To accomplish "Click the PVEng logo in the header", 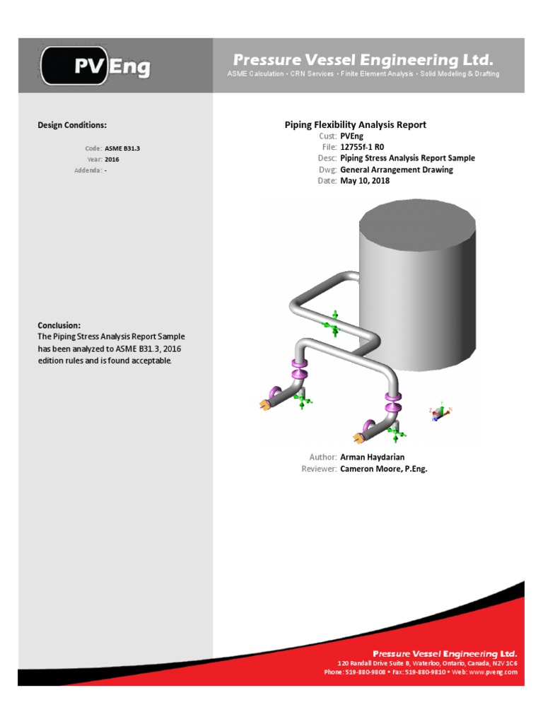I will pyautogui.click(x=96, y=66).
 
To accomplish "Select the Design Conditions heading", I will pyautogui.click(x=72, y=125).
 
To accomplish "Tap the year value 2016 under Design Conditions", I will pyautogui.click(x=112, y=160).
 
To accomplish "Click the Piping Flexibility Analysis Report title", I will pyautogui.click(x=355, y=124).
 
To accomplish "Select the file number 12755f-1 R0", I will pyautogui.click(x=362, y=147).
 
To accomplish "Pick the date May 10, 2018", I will pyautogui.click(x=365, y=181).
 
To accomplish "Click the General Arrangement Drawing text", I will pyautogui.click(x=397, y=170).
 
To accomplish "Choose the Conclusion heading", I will pyautogui.click(x=59, y=325).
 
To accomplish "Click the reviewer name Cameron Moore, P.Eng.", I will pyautogui.click(x=384, y=469).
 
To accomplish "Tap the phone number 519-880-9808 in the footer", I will pyautogui.click(x=365, y=672).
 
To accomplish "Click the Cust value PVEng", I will pyautogui.click(x=351, y=136).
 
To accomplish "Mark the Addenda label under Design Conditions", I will pyautogui.click(x=88, y=171).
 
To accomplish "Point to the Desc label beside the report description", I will pyautogui.click(x=327, y=158).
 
